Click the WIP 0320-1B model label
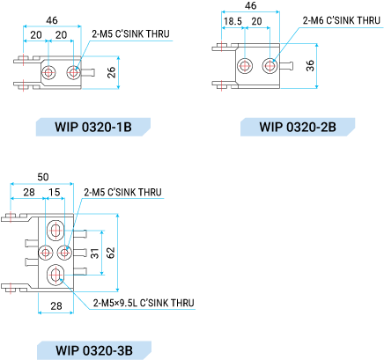coord(93,127)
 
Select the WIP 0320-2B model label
coord(298,127)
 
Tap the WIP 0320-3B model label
coord(94,350)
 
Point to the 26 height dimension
coord(111,72)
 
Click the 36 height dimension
coord(310,66)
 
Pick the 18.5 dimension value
coord(233,21)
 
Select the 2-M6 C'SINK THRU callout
coord(342,20)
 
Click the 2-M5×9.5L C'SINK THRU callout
coord(144,303)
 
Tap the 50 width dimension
coord(43,177)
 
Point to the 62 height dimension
coord(110,253)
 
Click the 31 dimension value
coord(94,253)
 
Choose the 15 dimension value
coord(55,193)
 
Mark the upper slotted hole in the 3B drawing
coord(55,231)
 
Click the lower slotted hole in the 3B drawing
coord(55,275)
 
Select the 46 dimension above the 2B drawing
coord(250,5)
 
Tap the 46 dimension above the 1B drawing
coord(52,20)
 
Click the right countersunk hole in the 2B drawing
coord(270,65)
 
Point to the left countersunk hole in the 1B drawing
coord(48,72)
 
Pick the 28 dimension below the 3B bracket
coord(56,306)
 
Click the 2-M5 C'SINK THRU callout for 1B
coord(130,34)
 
